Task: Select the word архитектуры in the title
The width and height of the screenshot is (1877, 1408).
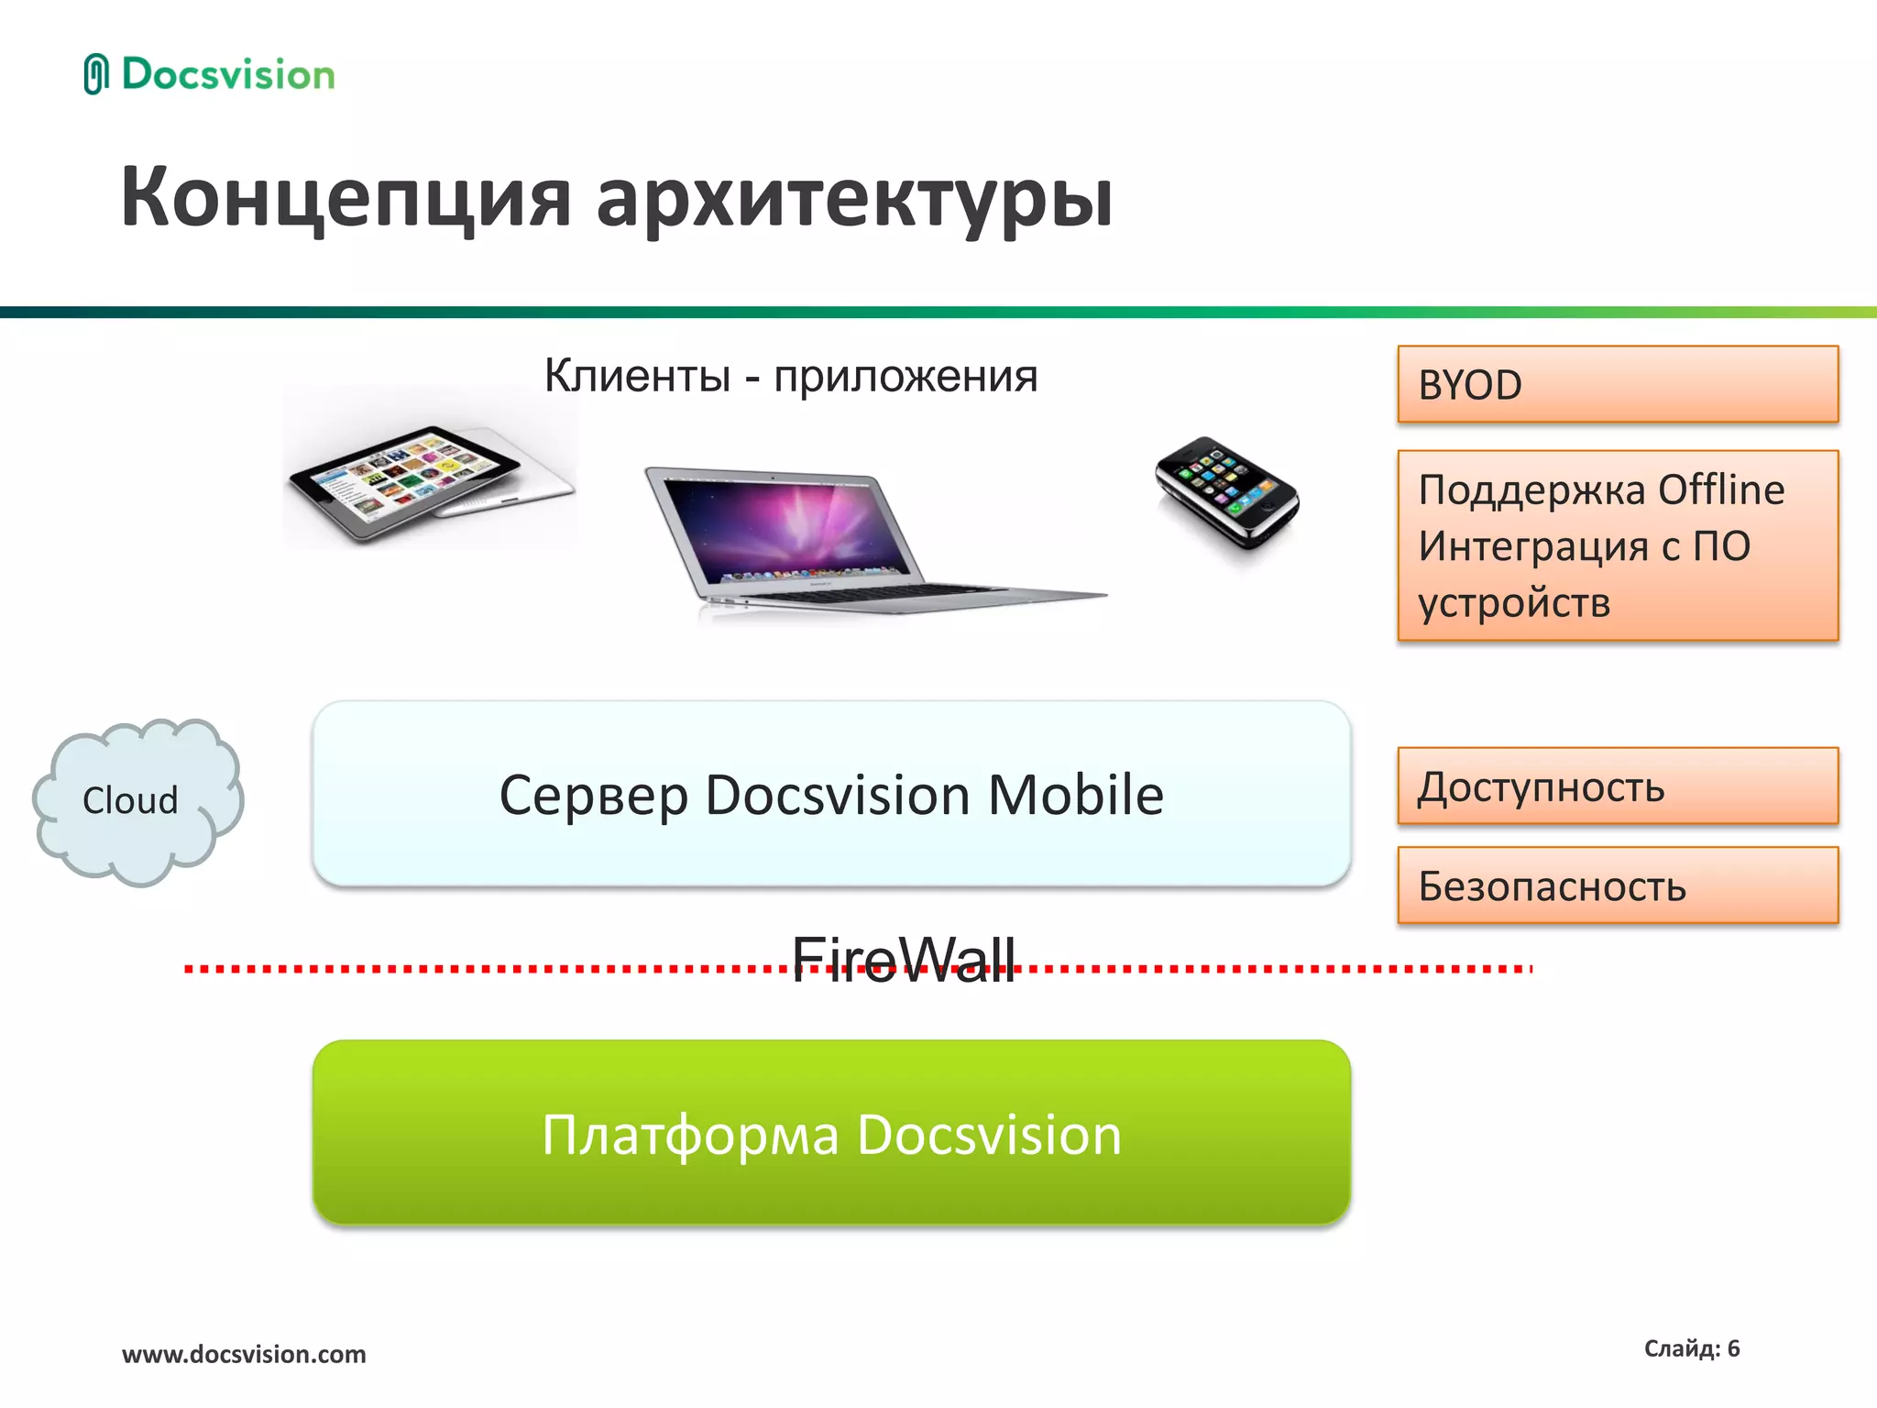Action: [x=854, y=200]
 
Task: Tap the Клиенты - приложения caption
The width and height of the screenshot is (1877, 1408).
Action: [x=790, y=376]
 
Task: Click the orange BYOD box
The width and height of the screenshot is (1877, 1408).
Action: [x=1617, y=384]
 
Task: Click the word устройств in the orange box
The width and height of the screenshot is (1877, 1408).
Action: [x=1514, y=603]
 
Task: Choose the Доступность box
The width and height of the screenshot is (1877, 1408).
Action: [x=1617, y=786]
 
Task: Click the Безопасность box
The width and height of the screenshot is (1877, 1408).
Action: [x=1617, y=885]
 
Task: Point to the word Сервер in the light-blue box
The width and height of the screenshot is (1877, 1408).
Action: [x=593, y=795]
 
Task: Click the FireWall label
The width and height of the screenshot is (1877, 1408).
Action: [x=903, y=961]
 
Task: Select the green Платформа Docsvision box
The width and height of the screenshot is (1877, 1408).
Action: [x=831, y=1133]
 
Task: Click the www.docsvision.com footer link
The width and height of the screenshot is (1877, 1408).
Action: [x=244, y=1354]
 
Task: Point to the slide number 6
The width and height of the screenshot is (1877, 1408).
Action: [x=1732, y=1348]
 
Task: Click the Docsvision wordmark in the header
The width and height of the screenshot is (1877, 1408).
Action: [x=228, y=74]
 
